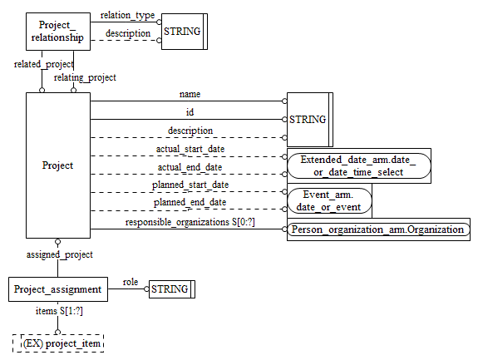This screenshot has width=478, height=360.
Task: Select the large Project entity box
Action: (x=57, y=165)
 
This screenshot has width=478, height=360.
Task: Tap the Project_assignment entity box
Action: (x=58, y=290)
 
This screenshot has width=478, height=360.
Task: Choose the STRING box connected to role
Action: (x=170, y=290)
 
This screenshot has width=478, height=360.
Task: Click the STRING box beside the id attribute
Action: (x=308, y=120)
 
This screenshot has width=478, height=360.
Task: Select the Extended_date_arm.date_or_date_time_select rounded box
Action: (x=357, y=165)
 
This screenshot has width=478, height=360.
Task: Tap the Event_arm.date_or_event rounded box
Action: (x=329, y=200)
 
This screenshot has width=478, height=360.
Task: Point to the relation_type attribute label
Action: (x=126, y=15)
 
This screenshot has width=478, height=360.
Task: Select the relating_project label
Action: (x=84, y=77)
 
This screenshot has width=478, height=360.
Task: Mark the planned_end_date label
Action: (x=190, y=202)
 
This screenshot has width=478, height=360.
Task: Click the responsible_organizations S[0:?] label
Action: (x=190, y=222)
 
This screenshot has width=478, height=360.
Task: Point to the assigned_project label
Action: (x=60, y=254)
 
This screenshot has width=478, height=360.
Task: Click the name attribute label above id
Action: (x=190, y=94)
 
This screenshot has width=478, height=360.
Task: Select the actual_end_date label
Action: (x=190, y=166)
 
